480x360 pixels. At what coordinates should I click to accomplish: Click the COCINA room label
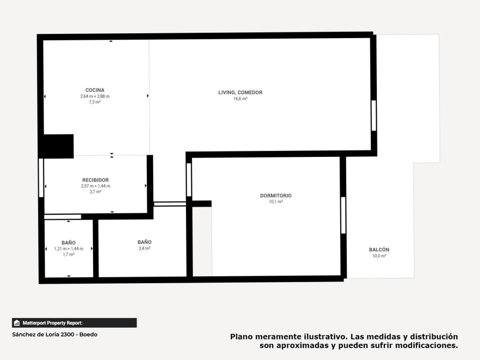point(95,90)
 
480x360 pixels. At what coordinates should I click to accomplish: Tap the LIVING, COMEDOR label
point(240,92)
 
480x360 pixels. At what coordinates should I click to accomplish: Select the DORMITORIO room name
point(276,196)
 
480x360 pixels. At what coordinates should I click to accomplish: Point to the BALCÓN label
point(379,249)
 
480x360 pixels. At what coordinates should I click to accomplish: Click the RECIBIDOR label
point(96,180)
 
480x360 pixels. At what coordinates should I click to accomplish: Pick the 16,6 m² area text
point(240,98)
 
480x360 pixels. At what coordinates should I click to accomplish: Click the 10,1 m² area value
point(276,201)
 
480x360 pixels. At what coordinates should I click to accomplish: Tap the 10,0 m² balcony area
point(379,256)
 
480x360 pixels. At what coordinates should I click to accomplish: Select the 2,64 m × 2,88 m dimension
point(95,96)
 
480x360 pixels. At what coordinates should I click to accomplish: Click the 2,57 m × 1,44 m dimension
point(96,186)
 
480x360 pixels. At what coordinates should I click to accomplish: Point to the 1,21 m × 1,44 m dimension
point(69,249)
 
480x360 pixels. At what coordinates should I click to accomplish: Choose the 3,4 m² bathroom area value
point(145,248)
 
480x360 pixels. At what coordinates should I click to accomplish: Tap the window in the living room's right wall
point(374,116)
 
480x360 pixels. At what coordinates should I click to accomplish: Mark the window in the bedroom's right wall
point(343,215)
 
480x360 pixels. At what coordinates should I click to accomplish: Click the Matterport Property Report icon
point(17,323)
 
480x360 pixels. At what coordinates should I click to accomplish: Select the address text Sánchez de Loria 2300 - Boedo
point(55,335)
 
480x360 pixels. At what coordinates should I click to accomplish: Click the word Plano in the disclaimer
point(241,337)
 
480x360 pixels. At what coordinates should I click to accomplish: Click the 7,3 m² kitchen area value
point(95,102)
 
